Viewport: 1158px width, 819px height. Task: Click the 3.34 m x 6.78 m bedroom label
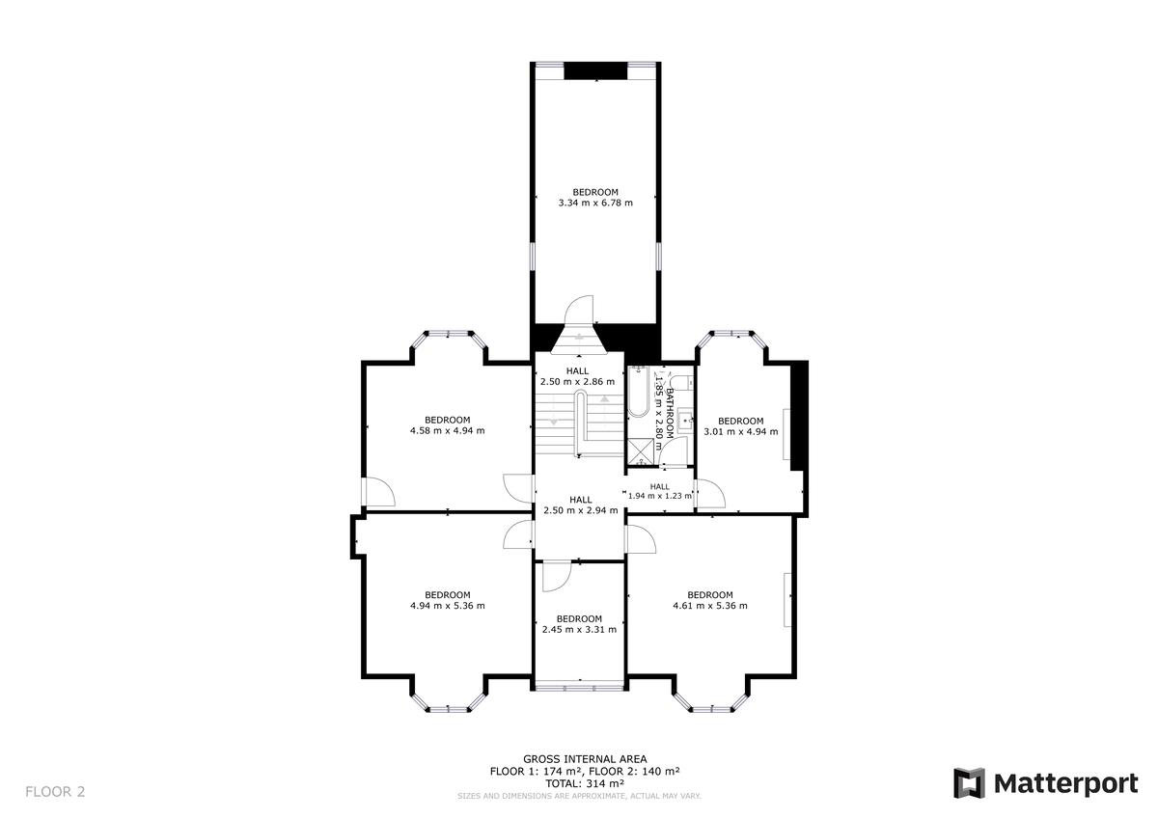[x=594, y=198]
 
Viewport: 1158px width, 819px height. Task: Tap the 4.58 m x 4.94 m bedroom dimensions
[x=447, y=425]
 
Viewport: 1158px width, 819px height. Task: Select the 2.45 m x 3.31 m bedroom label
[x=579, y=625]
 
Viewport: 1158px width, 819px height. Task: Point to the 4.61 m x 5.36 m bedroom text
[x=709, y=601]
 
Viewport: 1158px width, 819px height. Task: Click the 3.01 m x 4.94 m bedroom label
[x=740, y=426]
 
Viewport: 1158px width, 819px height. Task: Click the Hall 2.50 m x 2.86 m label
[x=577, y=376]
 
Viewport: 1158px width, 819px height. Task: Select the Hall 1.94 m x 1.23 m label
[x=660, y=491]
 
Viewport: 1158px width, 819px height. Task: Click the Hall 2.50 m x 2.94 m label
[x=580, y=505]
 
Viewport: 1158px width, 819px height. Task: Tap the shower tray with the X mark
[x=640, y=450]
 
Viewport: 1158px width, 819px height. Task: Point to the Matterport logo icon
[x=969, y=783]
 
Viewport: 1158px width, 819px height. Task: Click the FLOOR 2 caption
[x=55, y=792]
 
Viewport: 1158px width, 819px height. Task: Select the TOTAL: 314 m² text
[x=585, y=783]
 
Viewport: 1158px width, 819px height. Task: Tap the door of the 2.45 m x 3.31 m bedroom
[x=556, y=576]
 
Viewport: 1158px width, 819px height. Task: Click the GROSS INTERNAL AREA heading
[x=585, y=759]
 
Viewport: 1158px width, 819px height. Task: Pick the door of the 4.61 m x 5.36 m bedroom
[x=640, y=538]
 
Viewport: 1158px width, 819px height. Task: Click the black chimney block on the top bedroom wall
[x=594, y=71]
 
